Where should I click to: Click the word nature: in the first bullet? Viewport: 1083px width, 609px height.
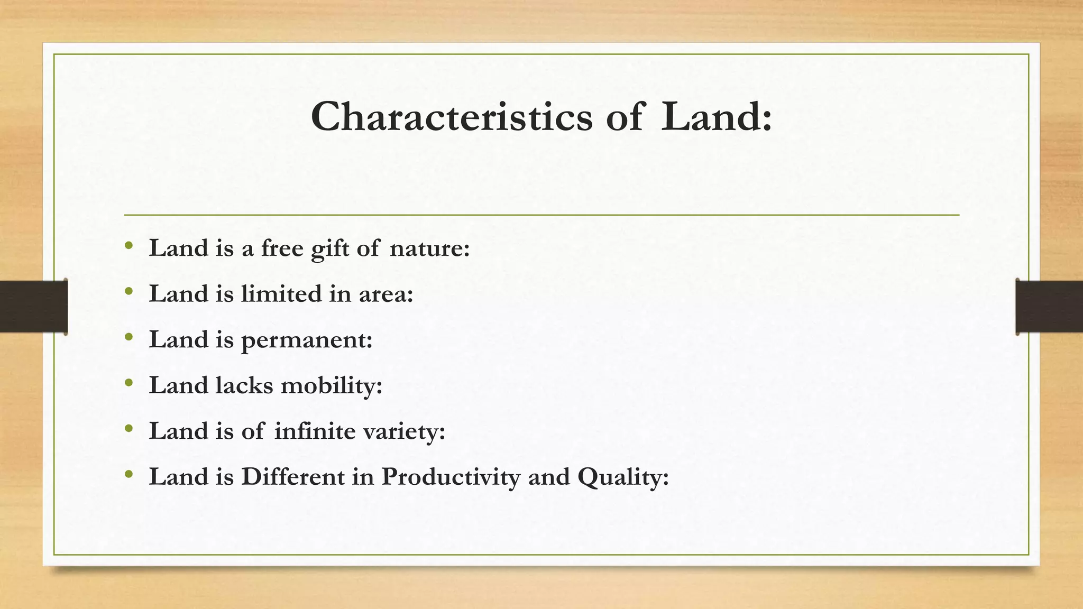(429, 248)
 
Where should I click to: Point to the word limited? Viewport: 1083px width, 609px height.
(281, 293)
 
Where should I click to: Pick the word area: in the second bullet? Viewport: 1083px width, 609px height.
(386, 294)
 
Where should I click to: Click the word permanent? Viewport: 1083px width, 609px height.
(307, 340)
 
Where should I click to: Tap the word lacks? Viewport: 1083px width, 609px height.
(244, 385)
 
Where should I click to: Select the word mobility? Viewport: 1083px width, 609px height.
(332, 385)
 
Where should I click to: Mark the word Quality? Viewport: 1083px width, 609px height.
(623, 477)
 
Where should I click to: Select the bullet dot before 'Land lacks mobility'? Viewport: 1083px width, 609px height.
(129, 383)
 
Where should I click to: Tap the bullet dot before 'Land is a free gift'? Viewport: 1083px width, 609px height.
(129, 246)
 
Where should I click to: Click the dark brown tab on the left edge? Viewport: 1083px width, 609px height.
(33, 307)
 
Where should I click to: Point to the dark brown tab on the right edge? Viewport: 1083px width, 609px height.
(1049, 307)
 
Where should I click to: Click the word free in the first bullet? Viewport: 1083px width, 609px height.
(282, 248)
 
